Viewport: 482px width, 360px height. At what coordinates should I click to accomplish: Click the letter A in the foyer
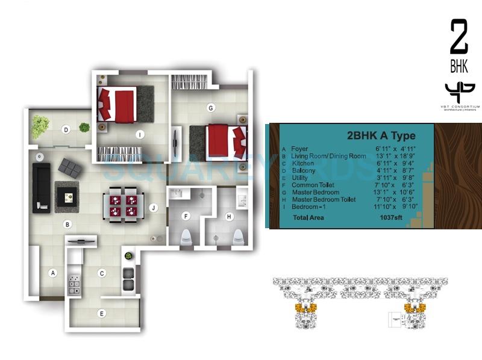click(x=53, y=273)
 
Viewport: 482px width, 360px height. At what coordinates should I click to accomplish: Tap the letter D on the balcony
click(x=66, y=129)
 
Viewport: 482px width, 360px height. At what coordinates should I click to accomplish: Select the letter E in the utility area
click(x=102, y=313)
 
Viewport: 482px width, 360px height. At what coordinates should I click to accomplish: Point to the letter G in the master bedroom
click(x=210, y=108)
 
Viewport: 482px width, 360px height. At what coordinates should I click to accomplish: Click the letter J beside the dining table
click(x=154, y=209)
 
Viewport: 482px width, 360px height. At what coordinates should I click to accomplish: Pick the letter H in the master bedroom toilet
click(x=229, y=216)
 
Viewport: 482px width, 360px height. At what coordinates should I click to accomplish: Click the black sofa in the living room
click(x=42, y=187)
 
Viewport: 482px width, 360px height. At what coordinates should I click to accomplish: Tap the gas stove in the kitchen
click(x=74, y=285)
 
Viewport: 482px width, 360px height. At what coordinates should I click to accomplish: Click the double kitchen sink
click(x=128, y=279)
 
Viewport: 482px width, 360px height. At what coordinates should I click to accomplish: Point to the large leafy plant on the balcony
click(x=40, y=126)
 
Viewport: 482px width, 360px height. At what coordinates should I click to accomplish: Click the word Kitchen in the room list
click(x=302, y=163)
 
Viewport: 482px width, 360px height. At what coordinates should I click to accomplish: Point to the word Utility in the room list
click(x=300, y=178)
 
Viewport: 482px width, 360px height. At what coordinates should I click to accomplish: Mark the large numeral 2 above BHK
click(x=459, y=37)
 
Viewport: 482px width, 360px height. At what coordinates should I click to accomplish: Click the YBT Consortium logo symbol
click(x=460, y=93)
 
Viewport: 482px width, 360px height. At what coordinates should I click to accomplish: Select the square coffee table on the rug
click(x=66, y=196)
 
